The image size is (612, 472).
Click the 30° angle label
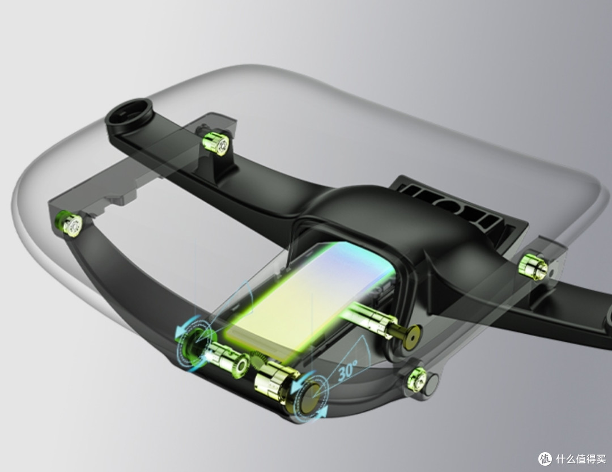point(348,369)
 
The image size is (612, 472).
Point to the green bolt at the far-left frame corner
point(70,223)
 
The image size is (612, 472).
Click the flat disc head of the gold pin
point(412,334)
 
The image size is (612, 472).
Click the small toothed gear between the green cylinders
point(258,359)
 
